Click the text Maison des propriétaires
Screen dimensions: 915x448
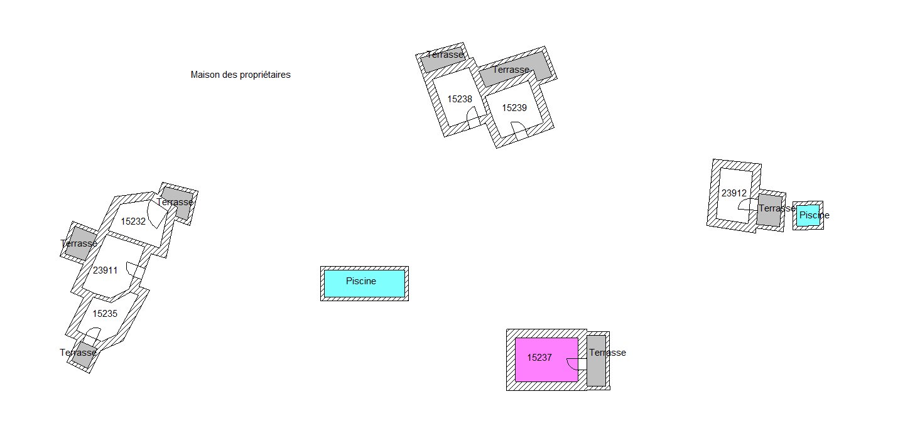coord(241,75)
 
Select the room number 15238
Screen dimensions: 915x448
coord(460,99)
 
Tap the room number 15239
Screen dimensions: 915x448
coord(514,108)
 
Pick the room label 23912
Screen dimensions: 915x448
coord(734,193)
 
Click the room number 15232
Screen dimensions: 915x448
coord(133,221)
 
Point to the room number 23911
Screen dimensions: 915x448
coord(105,270)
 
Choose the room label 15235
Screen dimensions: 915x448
coord(105,314)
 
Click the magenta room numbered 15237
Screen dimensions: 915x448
coord(546,360)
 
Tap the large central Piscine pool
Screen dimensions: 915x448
coord(364,284)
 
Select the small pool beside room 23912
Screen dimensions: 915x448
coord(808,215)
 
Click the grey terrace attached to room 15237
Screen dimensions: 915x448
coord(597,361)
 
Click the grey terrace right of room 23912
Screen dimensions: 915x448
coord(769,210)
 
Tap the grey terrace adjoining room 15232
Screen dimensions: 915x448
coord(178,203)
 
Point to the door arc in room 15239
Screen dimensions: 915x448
coord(519,128)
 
